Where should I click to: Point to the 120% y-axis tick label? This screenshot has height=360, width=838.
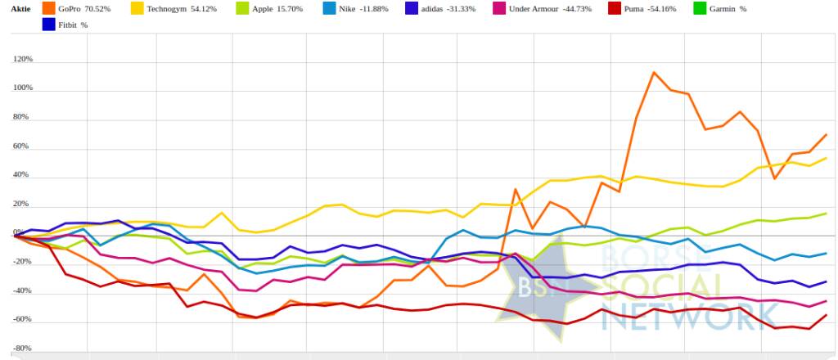[22, 60]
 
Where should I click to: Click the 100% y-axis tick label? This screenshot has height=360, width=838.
[22, 88]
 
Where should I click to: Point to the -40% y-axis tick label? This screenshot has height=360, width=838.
[23, 290]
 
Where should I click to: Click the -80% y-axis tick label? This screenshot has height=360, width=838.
[23, 349]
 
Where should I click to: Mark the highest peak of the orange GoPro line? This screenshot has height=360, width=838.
[654, 72]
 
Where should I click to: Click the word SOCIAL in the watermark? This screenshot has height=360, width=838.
[663, 288]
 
